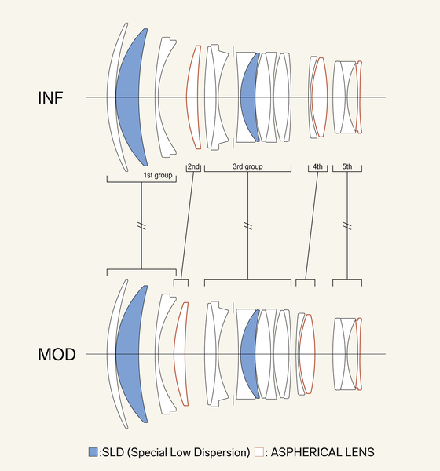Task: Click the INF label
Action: click(50, 97)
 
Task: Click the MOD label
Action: click(57, 355)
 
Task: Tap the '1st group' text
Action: click(158, 175)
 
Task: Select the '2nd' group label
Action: click(194, 166)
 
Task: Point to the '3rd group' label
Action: click(247, 166)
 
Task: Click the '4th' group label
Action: click(317, 166)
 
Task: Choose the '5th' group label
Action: click(347, 166)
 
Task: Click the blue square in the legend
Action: click(93, 452)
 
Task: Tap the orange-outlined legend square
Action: click(259, 452)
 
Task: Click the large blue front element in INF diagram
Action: click(130, 97)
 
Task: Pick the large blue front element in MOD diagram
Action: click(130, 354)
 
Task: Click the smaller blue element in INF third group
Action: click(248, 97)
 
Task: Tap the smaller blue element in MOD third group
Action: click(248, 354)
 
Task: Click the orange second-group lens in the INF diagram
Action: click(192, 97)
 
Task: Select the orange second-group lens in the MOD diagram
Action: click(180, 354)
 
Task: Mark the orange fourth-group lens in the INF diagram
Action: click(320, 97)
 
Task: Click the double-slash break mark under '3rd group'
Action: click(247, 225)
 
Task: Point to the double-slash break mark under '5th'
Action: click(347, 225)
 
